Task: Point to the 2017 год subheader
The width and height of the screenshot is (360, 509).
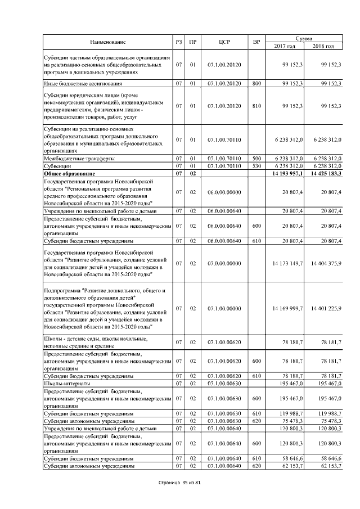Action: tap(286, 46)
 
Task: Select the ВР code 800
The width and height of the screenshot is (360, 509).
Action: tap(256, 84)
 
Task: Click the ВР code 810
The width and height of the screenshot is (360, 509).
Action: tap(256, 106)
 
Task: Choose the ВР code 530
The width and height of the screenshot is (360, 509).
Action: tap(256, 166)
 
